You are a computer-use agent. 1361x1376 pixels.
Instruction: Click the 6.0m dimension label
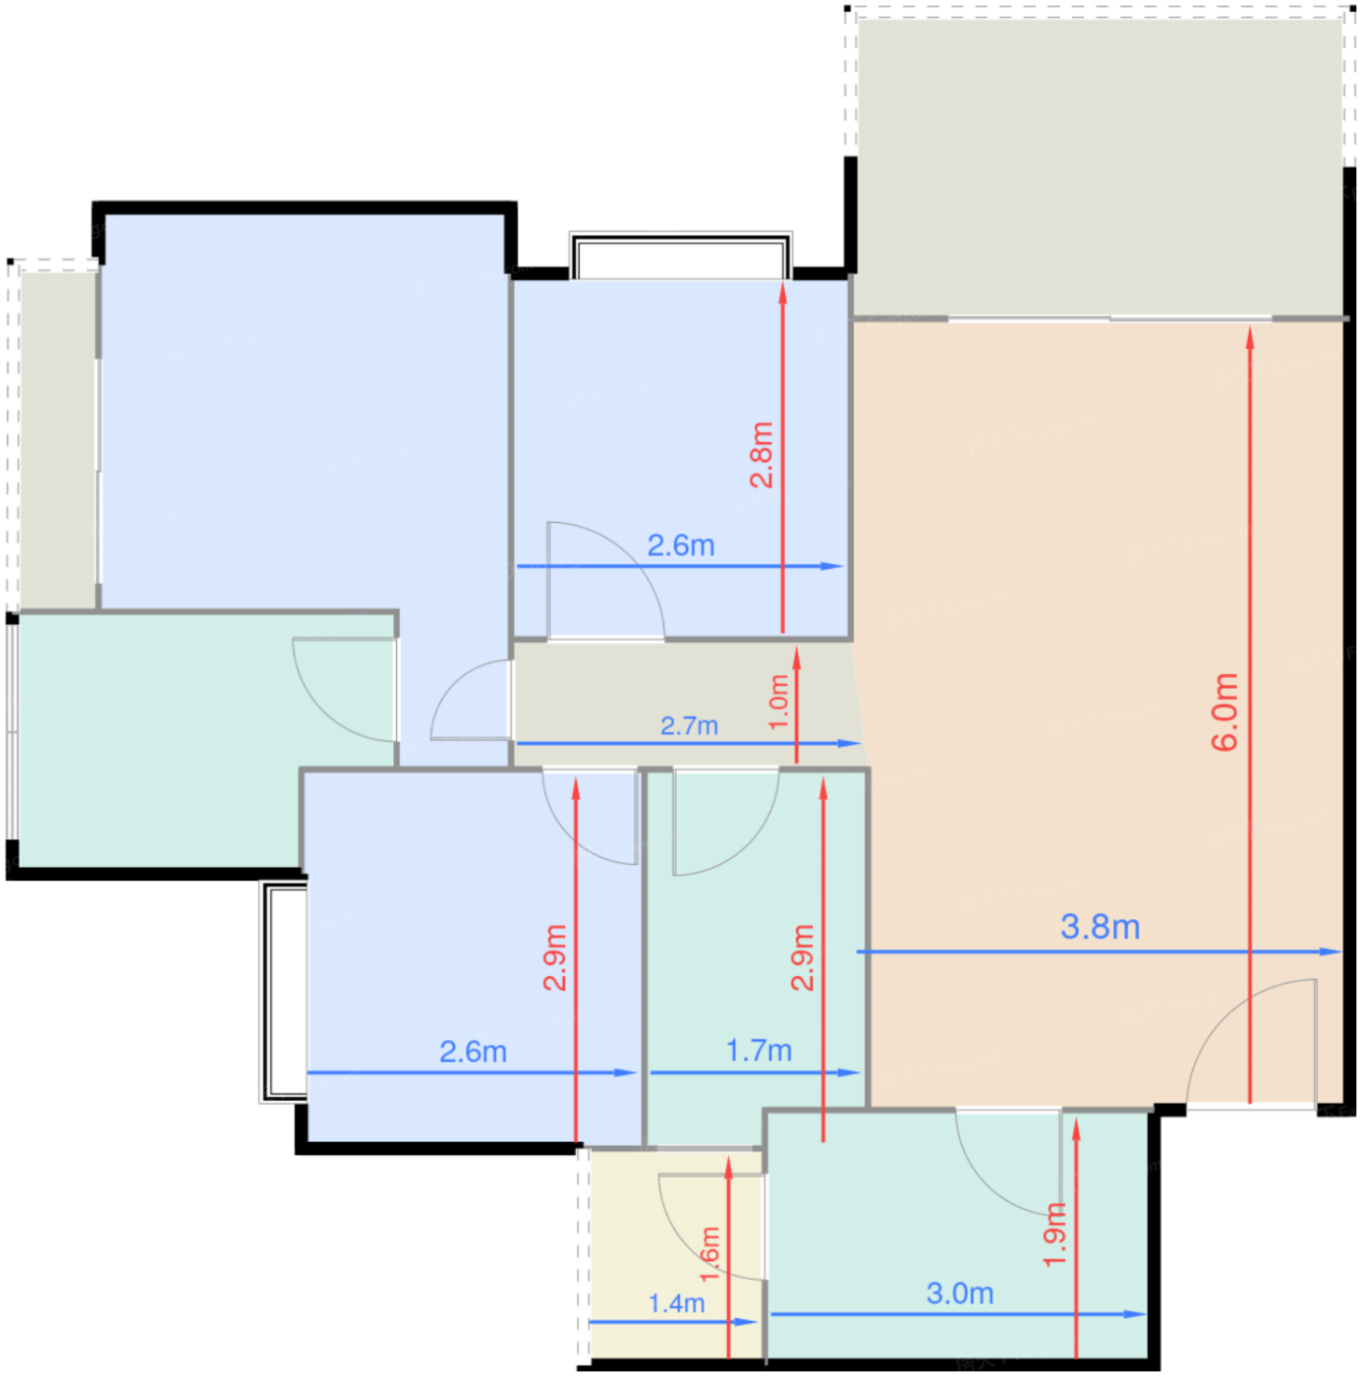[1223, 712]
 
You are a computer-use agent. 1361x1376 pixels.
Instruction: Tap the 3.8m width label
[1099, 926]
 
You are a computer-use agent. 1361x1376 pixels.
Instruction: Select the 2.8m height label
[761, 454]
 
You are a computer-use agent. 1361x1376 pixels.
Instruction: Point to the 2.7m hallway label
[688, 725]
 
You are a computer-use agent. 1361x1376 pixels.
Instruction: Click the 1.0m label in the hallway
[778, 701]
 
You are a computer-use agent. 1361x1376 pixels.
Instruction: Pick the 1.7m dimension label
[759, 1051]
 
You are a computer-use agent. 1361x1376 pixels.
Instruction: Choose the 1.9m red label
[1054, 1234]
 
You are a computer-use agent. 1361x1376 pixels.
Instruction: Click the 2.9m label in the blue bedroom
[555, 957]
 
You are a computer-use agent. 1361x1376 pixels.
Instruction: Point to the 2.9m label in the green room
[802, 957]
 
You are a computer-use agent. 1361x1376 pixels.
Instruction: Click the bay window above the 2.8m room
[680, 256]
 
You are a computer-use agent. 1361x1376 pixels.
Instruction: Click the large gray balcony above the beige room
[1099, 166]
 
